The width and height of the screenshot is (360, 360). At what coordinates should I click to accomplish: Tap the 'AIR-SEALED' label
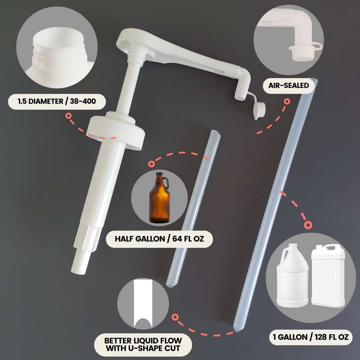(289, 85)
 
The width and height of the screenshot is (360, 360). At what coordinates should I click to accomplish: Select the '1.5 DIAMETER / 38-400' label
(57, 101)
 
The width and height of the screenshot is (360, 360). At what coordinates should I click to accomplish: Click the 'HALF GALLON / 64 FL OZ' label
(159, 239)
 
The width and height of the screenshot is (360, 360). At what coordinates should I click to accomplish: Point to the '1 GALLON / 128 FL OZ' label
(310, 337)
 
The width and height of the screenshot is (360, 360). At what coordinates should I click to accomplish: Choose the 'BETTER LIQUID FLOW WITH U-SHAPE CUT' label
(143, 345)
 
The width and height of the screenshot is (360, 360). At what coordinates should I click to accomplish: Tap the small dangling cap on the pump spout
(259, 110)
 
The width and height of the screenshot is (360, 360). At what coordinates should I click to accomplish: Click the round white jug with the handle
(292, 276)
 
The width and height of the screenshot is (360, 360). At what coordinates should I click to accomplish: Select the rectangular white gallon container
(328, 276)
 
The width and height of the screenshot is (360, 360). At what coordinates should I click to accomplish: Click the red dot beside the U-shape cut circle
(175, 317)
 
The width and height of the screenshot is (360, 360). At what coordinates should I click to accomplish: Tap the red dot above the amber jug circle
(151, 164)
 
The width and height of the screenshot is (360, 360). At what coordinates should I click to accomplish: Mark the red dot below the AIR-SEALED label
(287, 102)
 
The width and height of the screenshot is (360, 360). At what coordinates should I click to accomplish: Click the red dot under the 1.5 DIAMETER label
(68, 116)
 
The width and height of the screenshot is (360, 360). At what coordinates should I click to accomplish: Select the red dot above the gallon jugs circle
(308, 225)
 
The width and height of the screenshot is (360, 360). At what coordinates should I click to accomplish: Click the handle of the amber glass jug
(166, 183)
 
